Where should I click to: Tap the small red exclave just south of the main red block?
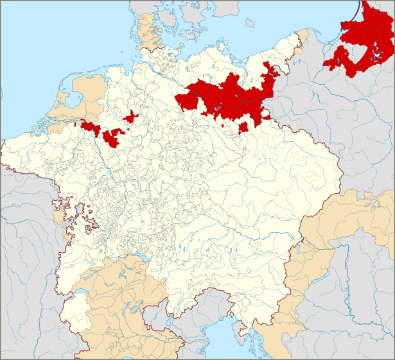(243, 128)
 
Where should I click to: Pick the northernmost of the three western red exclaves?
(131, 117)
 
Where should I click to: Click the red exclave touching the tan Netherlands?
(89, 126)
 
